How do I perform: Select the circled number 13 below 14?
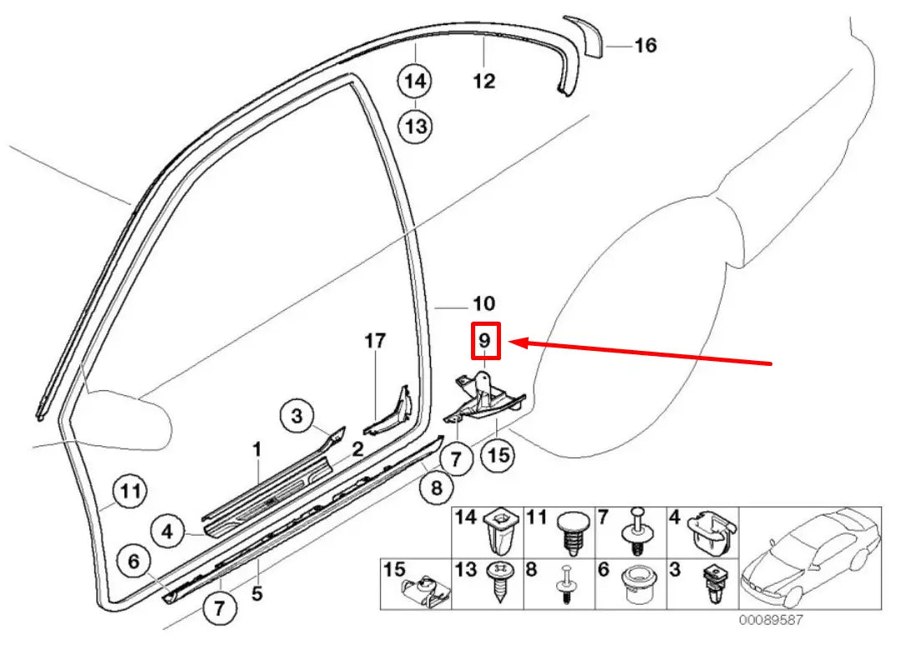(x=416, y=127)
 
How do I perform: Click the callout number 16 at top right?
(x=645, y=45)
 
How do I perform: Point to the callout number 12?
(x=484, y=81)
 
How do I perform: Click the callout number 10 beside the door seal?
(x=484, y=303)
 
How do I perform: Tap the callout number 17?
(x=376, y=341)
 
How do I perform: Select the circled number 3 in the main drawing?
(x=296, y=414)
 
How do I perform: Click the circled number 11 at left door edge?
(x=130, y=490)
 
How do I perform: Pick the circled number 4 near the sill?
(x=168, y=531)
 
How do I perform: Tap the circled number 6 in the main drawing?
(x=134, y=562)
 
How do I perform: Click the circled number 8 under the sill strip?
(x=436, y=490)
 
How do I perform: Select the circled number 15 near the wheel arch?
(x=498, y=455)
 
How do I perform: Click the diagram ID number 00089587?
(x=770, y=621)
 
